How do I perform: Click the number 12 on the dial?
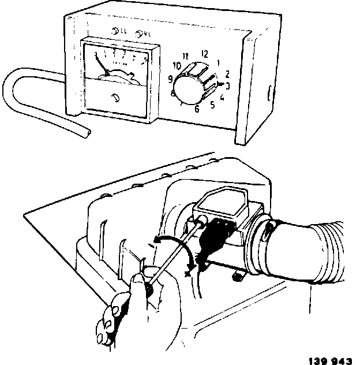pos(204,54)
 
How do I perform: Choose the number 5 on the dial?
pos(212,105)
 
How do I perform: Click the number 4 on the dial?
pos(223,96)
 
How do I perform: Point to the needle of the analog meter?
pos(102,64)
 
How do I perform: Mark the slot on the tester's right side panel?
pos(269,92)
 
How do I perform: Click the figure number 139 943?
pos(330,360)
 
